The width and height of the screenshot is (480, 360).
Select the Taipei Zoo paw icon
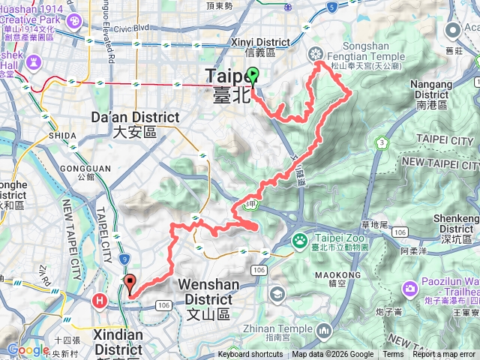click(300, 240)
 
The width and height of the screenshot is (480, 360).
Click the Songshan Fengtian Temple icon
click(316, 53)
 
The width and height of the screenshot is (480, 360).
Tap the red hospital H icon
click(99, 301)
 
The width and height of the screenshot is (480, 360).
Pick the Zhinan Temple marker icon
click(324, 330)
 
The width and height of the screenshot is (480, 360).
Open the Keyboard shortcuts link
click(250, 355)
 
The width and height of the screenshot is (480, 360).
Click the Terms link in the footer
click(393, 355)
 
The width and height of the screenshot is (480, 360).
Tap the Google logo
click(28, 349)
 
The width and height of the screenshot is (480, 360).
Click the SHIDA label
click(64, 136)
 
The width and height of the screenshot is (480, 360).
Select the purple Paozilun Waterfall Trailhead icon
click(409, 288)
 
